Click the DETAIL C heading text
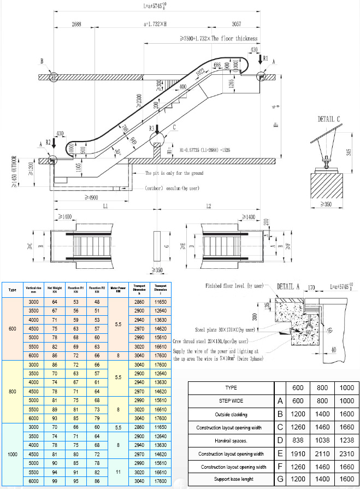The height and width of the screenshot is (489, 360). click(x=329, y=118)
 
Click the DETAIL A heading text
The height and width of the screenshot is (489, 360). click(x=289, y=286)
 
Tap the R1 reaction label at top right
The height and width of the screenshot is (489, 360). click(x=265, y=57)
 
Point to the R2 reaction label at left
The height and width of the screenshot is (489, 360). click(x=48, y=143)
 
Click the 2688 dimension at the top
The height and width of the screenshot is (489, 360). click(x=76, y=24)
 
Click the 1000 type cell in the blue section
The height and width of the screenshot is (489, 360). click(x=13, y=453)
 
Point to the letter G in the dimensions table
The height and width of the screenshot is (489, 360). click(x=280, y=479)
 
